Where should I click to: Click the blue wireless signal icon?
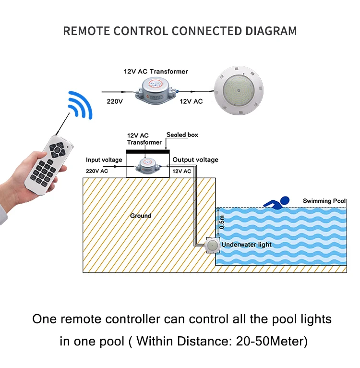[x=79, y=105]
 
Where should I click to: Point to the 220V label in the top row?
[x=115, y=101]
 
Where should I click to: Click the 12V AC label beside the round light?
[x=191, y=101]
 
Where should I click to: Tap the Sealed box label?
[x=182, y=135]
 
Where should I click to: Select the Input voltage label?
[x=104, y=159]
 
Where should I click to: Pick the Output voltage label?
[x=195, y=159]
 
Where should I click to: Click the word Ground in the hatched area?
[x=141, y=216]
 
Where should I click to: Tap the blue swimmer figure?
[x=277, y=201]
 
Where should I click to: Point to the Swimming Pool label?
[x=324, y=201]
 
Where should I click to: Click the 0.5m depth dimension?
[x=221, y=222]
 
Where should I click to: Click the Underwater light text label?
[x=247, y=245]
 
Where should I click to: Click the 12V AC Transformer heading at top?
[x=156, y=72]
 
